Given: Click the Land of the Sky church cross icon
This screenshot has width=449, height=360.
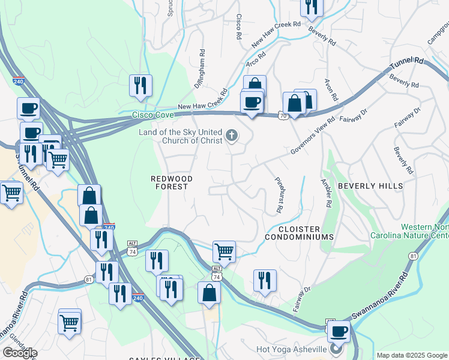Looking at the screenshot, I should coord(231,137).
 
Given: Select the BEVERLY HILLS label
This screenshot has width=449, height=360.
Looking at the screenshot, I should coord(370,186).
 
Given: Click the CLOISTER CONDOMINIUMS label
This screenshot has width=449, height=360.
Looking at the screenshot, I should coord(306,233).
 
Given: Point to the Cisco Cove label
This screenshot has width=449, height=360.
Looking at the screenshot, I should coord(153,115).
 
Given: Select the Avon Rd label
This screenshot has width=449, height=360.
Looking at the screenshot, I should coord(331,90).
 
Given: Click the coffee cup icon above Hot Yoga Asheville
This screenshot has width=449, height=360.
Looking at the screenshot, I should coord(339,330).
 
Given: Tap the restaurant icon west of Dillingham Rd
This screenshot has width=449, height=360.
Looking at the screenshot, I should coord(141,85).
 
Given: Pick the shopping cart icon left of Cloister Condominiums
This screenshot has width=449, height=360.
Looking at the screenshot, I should coord(224,250).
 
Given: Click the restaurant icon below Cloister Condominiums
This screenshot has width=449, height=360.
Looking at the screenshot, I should coord(265,280).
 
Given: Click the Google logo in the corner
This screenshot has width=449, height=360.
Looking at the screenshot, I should coord(20,353).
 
